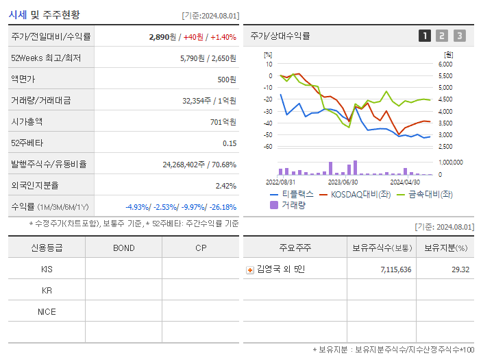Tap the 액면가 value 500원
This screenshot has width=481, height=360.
pos(227,80)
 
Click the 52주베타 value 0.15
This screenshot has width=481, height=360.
pos(230,143)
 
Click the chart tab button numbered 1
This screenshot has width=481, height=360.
pos(425,36)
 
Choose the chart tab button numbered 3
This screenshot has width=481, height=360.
pos(459,36)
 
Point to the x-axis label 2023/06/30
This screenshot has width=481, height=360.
pos(343,182)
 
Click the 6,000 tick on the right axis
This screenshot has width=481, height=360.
pos(445,64)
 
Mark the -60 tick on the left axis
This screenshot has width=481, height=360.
pos(269,147)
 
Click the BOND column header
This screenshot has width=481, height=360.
pos(123,248)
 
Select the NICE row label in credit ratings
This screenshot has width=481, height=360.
pos(47,312)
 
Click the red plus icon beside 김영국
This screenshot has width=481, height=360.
pos(250,269)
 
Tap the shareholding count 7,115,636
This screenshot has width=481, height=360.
pos(395,269)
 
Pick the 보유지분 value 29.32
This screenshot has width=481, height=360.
pos(460,269)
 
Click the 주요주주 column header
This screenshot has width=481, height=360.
pos(295,248)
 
